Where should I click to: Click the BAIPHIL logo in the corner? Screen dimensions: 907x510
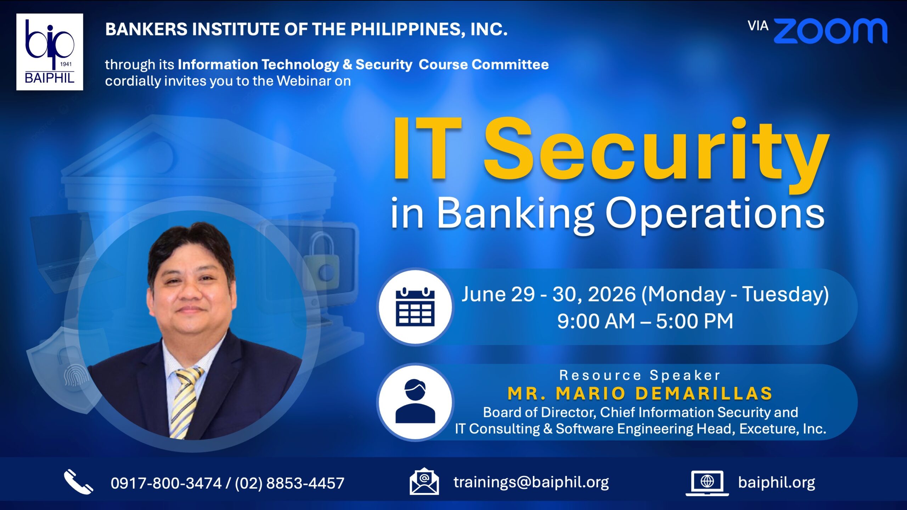click(50, 52)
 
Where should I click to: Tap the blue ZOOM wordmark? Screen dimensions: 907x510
click(830, 31)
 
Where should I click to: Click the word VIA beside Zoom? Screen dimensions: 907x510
click(758, 26)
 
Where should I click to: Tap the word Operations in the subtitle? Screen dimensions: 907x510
click(715, 214)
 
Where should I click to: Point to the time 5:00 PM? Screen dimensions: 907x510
click(694, 321)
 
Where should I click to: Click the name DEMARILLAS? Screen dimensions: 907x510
click(704, 393)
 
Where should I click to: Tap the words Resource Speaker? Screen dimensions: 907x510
click(640, 375)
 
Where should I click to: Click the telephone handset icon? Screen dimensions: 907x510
click(78, 482)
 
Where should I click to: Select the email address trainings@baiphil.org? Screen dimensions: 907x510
click(531, 482)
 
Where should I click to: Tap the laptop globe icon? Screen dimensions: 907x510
click(707, 483)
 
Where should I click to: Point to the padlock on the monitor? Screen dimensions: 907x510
click(321, 260)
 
